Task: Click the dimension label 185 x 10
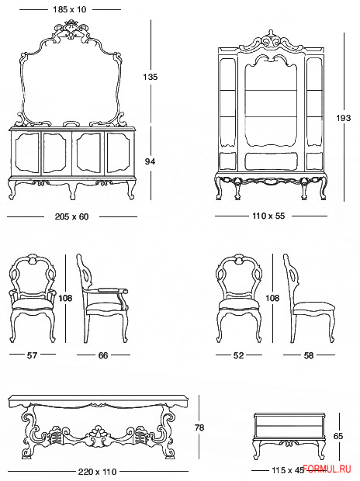pyautogui.click(x=70, y=9)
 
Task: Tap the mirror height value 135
pyautogui.click(x=150, y=77)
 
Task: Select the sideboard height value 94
pyautogui.click(x=150, y=161)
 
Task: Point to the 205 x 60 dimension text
pyautogui.click(x=72, y=216)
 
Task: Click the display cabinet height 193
pyautogui.click(x=343, y=118)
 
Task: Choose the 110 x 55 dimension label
pyautogui.click(x=268, y=216)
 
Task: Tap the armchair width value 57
pyautogui.click(x=33, y=355)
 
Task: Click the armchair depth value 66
pyautogui.click(x=103, y=355)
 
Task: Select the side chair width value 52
pyautogui.click(x=238, y=355)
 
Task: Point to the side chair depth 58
pyautogui.click(x=309, y=355)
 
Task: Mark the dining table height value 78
pyautogui.click(x=199, y=427)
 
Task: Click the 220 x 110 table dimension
pyautogui.click(x=97, y=472)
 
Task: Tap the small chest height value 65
pyautogui.click(x=338, y=436)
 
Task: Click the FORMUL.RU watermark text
pyautogui.click(x=327, y=469)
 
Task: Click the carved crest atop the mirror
pyautogui.click(x=71, y=29)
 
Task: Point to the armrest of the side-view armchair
pyautogui.click(x=112, y=291)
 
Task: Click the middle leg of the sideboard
pyautogui.click(x=72, y=191)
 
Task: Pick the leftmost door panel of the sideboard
pyautogui.click(x=26, y=153)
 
